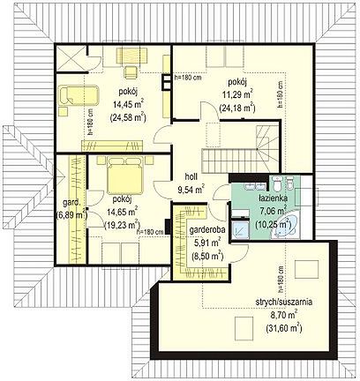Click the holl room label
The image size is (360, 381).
(x=191, y=176)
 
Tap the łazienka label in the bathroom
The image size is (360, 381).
(x=273, y=198)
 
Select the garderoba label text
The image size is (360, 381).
(x=207, y=230)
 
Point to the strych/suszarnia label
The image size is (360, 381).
(x=284, y=302)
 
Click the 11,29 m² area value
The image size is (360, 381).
(x=237, y=95)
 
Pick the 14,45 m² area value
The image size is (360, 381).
(x=128, y=104)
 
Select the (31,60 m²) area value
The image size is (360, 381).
(x=284, y=327)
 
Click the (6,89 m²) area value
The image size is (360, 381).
(x=71, y=215)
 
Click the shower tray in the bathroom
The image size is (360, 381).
(x=240, y=230)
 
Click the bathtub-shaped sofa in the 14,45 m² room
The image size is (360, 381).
(x=79, y=95)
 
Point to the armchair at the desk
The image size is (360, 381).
(x=130, y=72)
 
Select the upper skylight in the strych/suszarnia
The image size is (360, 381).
(x=307, y=270)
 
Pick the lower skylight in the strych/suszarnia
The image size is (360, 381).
(x=244, y=328)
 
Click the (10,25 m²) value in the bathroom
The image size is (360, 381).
(x=274, y=225)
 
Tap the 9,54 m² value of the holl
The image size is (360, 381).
(x=191, y=190)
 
